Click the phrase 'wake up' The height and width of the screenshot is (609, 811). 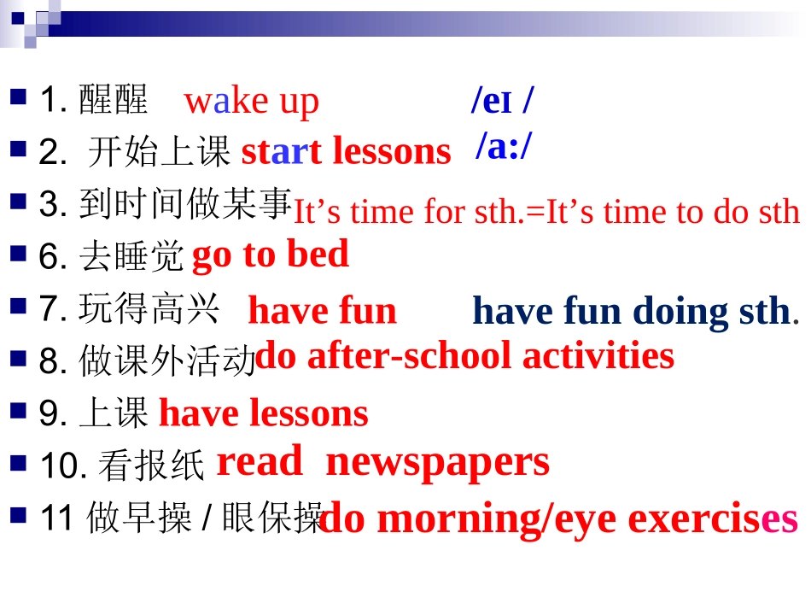point(252,102)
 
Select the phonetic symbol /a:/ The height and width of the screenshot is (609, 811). point(504,146)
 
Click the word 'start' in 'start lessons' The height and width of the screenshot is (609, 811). point(281,152)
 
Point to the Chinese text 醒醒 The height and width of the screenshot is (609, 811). point(113,100)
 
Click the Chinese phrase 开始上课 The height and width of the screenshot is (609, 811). point(160,152)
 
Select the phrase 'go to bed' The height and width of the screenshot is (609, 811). point(271,255)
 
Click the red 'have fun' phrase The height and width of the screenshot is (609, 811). point(323,311)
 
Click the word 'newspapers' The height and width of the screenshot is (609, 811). point(438,463)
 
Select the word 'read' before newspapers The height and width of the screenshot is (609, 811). point(260,462)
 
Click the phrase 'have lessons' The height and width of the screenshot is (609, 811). point(264,414)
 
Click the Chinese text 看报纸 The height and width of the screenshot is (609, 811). point(151,466)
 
